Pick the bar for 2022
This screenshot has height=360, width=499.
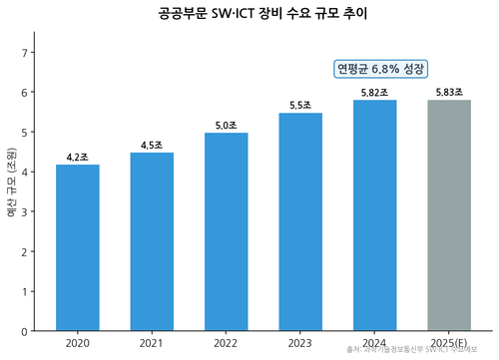(226, 231)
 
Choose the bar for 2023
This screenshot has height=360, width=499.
(300, 221)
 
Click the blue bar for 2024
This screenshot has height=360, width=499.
(374, 215)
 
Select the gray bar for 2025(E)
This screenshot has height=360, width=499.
(449, 215)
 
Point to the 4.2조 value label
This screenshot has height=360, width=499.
(77, 157)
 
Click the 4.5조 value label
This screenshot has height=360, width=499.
(152, 145)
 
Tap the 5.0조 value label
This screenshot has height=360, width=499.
(226, 125)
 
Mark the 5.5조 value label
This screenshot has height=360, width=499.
(300, 105)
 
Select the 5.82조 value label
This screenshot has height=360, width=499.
(374, 92)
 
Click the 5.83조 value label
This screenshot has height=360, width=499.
(449, 92)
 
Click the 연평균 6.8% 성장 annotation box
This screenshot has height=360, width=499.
(380, 68)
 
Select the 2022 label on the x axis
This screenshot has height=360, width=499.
(226, 343)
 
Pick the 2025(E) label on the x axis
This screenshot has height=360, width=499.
(449, 343)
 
